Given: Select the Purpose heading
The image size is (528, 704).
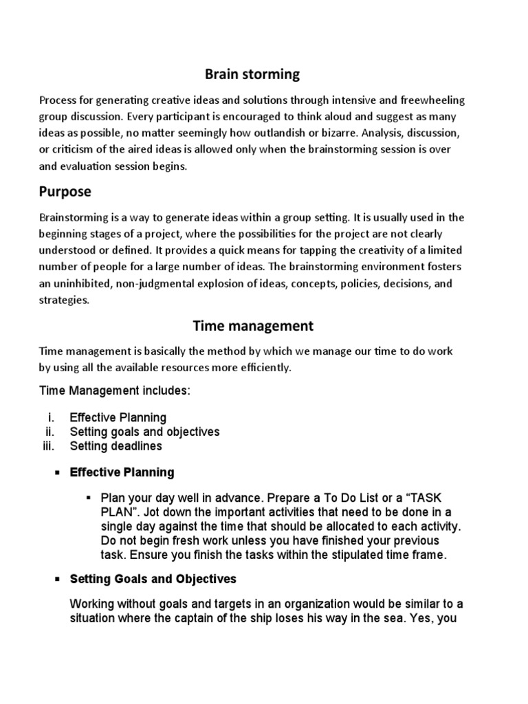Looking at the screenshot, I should tap(65, 190).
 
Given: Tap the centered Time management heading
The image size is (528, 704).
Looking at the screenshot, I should tap(252, 325).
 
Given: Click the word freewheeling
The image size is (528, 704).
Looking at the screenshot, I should tap(431, 100).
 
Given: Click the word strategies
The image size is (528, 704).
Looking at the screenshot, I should tap(65, 300).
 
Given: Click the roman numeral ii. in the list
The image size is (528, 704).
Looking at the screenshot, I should tap(49, 432).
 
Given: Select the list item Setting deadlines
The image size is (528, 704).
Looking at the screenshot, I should tap(116, 446).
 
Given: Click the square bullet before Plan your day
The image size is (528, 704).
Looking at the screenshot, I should tap(88, 497).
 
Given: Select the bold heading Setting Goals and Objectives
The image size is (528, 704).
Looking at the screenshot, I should tap(153, 579).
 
